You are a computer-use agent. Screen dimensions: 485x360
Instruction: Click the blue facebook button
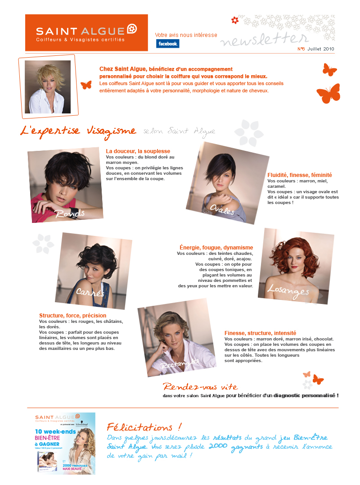click(x=167, y=44)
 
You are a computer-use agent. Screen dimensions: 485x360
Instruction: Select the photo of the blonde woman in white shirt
click(x=48, y=87)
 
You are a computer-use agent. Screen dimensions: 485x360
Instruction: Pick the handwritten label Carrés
click(x=90, y=292)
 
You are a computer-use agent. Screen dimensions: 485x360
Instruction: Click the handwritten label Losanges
click(x=288, y=290)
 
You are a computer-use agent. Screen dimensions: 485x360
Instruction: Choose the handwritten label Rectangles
click(x=180, y=363)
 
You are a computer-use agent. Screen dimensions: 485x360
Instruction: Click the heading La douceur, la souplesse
click(x=138, y=151)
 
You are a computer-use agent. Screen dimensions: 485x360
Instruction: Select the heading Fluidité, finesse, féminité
click(x=300, y=175)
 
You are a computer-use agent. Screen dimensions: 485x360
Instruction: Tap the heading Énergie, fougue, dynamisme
click(x=216, y=248)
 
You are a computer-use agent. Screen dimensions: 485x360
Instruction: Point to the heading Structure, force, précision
click(x=73, y=316)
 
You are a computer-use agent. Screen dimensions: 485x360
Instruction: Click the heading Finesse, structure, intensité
click(x=260, y=333)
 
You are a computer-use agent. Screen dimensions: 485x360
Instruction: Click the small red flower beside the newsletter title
click(x=234, y=20)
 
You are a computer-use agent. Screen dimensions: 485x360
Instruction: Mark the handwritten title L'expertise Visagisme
click(x=78, y=131)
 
